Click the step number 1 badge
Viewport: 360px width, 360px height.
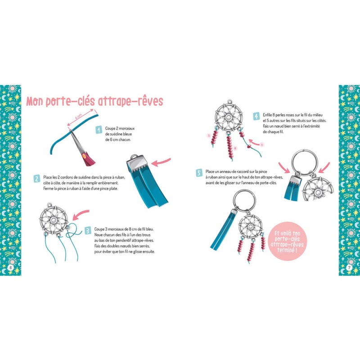click(99, 130)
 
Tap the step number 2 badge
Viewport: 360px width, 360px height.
click(37, 179)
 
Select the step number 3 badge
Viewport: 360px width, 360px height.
click(88, 230)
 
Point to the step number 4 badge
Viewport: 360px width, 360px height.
click(256, 116)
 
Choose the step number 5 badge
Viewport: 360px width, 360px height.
click(199, 173)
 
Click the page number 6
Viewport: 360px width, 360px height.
click(10, 268)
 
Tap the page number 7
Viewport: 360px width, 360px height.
click(349, 268)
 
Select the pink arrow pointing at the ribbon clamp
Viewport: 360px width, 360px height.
click(161, 162)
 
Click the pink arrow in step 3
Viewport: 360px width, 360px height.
click(81, 215)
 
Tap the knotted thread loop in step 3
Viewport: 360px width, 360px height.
click(73, 231)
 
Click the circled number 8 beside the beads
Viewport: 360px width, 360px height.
click(235, 148)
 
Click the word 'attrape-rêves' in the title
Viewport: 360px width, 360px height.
click(130, 101)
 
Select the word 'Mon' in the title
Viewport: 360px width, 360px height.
click(35, 101)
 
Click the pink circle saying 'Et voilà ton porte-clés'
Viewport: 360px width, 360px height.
click(287, 242)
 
